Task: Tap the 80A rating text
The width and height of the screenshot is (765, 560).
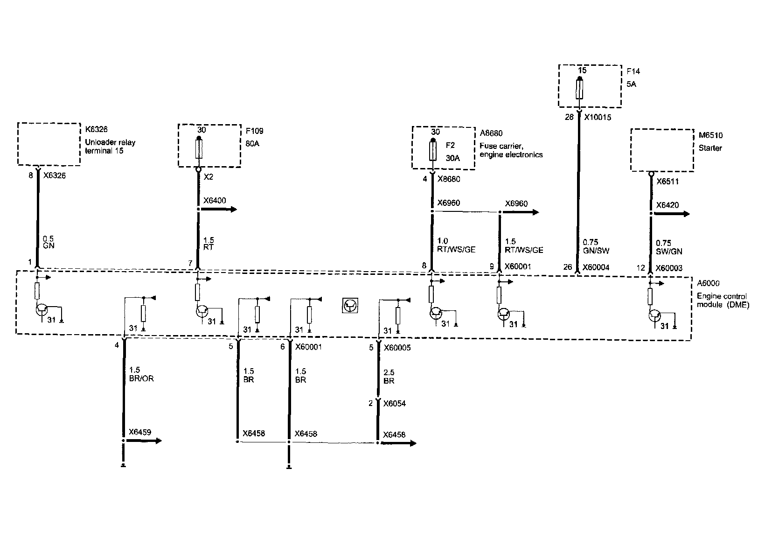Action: click(253, 144)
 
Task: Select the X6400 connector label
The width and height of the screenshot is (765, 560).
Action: click(215, 201)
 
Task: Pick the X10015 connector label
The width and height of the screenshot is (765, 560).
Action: click(598, 118)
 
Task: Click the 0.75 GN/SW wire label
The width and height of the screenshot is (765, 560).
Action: click(596, 247)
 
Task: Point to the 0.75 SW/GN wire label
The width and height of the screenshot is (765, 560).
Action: click(669, 247)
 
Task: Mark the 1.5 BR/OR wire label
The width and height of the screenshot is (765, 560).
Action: click(140, 375)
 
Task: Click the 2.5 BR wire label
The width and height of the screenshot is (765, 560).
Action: click(389, 377)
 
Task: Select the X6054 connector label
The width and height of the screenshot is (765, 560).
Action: click(395, 404)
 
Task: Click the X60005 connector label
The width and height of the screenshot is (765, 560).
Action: click(397, 348)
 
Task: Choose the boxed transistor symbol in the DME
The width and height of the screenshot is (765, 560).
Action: click(350, 306)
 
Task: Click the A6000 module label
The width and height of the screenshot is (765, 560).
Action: click(709, 283)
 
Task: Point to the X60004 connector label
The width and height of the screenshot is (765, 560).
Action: click(596, 268)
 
